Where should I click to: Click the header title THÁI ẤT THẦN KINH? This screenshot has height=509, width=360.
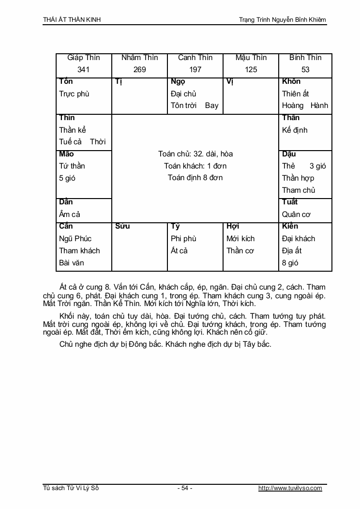click(72, 20)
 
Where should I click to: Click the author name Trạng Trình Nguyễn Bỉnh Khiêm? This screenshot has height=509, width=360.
click(283, 20)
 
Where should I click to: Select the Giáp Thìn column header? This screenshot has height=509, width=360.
click(84, 58)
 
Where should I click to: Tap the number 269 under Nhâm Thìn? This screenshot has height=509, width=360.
click(139, 70)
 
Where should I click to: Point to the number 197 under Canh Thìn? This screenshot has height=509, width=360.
click(195, 70)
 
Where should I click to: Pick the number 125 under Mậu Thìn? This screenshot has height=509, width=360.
click(251, 70)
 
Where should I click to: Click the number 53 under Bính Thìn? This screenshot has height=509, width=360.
click(305, 70)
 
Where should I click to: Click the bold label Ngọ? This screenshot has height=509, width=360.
click(178, 81)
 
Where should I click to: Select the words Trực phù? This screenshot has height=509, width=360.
click(74, 94)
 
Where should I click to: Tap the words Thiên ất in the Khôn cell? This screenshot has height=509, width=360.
click(296, 94)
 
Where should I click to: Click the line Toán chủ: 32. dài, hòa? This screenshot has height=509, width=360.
click(195, 154)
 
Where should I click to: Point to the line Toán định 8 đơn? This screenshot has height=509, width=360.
click(195, 178)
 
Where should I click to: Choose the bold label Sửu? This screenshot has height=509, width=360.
click(123, 226)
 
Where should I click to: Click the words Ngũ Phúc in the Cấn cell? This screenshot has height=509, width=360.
click(75, 239)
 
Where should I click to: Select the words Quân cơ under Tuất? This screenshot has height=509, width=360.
click(297, 215)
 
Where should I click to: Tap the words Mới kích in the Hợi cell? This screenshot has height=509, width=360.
click(240, 239)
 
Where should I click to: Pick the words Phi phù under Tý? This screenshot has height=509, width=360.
click(183, 239)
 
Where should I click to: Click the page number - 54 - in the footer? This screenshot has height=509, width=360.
click(184, 488)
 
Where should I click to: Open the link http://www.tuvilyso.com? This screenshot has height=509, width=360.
click(290, 488)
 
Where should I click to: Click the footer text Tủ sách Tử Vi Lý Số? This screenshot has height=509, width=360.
click(71, 488)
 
